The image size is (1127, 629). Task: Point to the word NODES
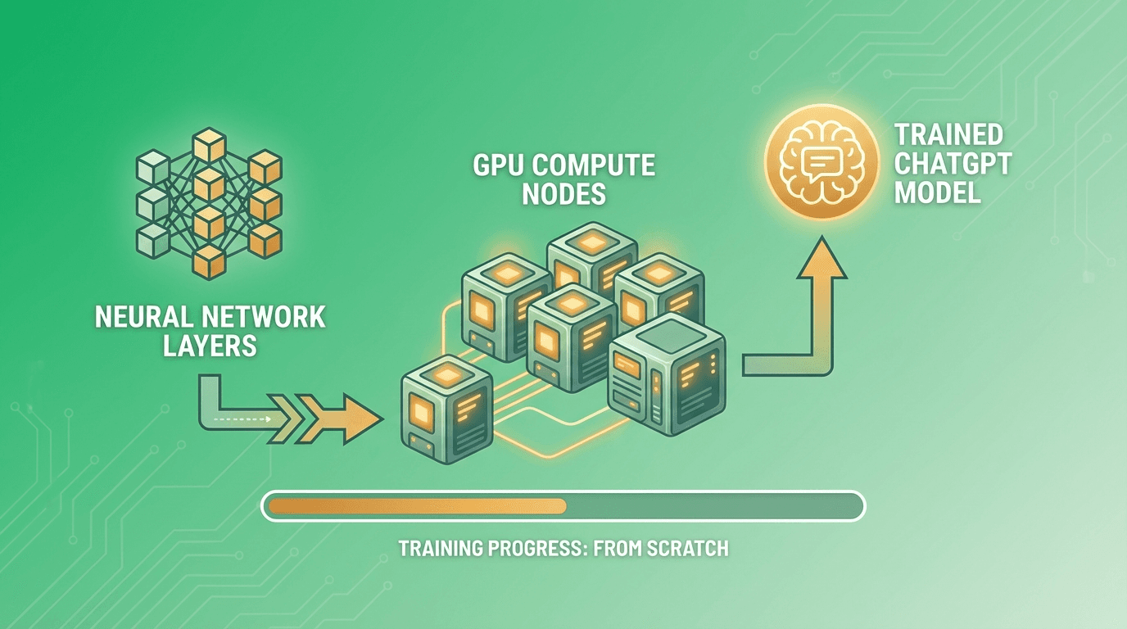coord(563,195)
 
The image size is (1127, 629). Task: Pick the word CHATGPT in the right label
coord(953,164)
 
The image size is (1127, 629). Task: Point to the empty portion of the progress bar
coord(713,506)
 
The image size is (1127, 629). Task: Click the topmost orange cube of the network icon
coord(208,146)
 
